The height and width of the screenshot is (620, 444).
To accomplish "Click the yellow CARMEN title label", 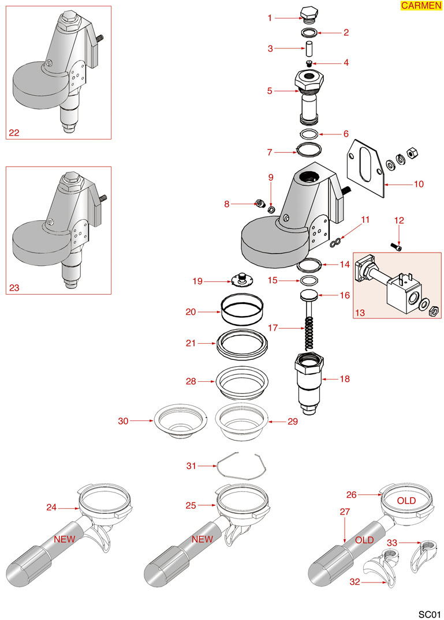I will tap(420, 6).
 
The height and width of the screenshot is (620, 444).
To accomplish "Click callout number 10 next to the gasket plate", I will tap(419, 185).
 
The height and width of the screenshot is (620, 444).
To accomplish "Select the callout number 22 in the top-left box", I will tap(14, 133).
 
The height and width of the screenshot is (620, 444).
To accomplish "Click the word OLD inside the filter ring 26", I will tap(406, 501).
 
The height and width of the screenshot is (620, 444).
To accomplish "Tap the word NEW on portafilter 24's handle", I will tap(65, 539).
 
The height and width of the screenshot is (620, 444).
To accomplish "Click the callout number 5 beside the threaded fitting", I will tap(270, 91).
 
